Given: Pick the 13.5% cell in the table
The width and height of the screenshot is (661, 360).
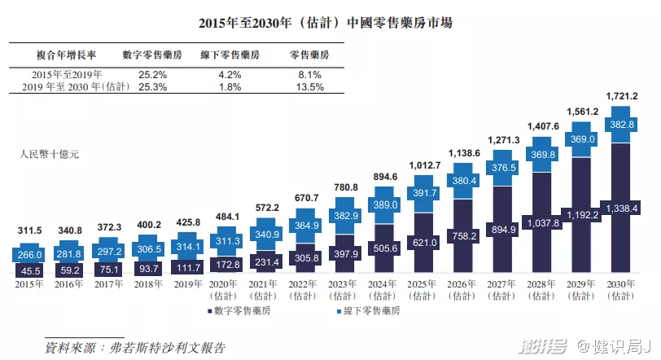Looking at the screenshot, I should pyautogui.click(x=309, y=86).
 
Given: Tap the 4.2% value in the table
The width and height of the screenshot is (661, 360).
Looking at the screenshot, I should pyautogui.click(x=230, y=74).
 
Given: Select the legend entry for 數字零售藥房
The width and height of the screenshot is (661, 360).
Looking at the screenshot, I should pyautogui.click(x=245, y=312).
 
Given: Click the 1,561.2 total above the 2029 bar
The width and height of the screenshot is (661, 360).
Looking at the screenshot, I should pyautogui.click(x=583, y=112).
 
